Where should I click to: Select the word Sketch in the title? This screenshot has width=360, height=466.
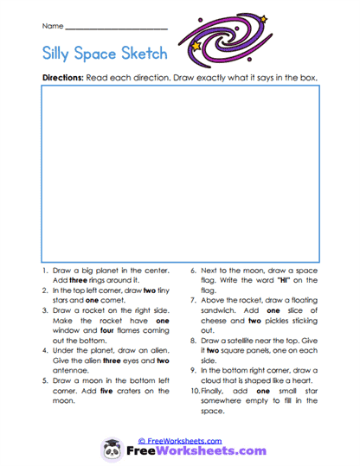(143, 54)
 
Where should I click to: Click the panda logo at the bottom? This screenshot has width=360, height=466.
(112, 450)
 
